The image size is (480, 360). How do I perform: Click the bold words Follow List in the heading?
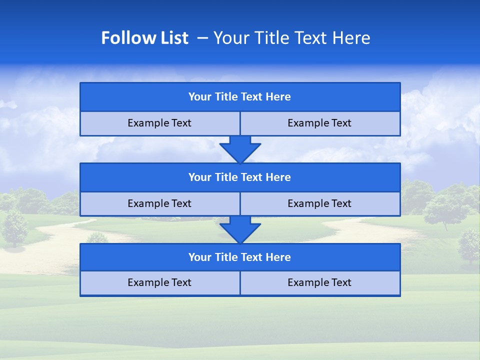(144, 38)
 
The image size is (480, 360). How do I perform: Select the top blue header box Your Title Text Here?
(240, 97)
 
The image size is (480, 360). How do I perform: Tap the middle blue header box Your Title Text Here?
(240, 177)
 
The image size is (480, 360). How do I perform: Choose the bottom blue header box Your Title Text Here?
(240, 257)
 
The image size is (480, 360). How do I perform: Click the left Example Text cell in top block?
(159, 123)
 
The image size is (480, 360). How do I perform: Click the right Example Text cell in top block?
(320, 123)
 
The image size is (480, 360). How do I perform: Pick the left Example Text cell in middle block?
(159, 203)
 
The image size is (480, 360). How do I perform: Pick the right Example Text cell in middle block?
(320, 203)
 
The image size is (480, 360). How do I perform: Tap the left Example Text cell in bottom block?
(159, 283)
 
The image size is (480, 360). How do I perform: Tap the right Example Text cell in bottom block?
(320, 283)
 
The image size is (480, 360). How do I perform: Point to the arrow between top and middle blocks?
(240, 149)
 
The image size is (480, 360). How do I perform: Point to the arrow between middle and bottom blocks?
(240, 229)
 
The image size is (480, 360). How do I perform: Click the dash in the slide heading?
(203, 38)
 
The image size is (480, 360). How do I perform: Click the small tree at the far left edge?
(14, 227)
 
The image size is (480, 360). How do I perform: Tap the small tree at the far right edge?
(469, 244)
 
